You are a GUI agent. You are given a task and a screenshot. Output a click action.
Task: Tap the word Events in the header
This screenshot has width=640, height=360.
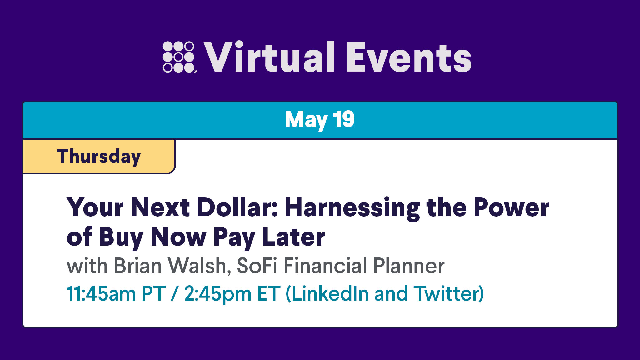pyautogui.click(x=409, y=57)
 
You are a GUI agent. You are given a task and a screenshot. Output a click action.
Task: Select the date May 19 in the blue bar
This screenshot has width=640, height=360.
pyautogui.click(x=320, y=120)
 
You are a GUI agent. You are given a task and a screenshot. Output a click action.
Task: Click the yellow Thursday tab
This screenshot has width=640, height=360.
pyautogui.click(x=99, y=156)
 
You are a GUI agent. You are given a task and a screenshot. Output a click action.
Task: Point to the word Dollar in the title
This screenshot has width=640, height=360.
pyautogui.click(x=237, y=207)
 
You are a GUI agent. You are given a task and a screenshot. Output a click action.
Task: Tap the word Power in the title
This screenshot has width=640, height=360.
pyautogui.click(x=511, y=207)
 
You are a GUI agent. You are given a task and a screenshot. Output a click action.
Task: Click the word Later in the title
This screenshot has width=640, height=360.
pyautogui.click(x=293, y=237)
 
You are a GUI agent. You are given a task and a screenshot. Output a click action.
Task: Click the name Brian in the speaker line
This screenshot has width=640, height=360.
pyautogui.click(x=137, y=266)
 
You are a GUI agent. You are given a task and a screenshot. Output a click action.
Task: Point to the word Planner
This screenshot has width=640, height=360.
pyautogui.click(x=409, y=266)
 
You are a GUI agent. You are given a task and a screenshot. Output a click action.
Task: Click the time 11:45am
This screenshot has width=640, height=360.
pyautogui.click(x=101, y=294)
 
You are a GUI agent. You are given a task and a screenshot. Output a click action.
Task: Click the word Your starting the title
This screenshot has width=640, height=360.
pyautogui.click(x=95, y=207)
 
